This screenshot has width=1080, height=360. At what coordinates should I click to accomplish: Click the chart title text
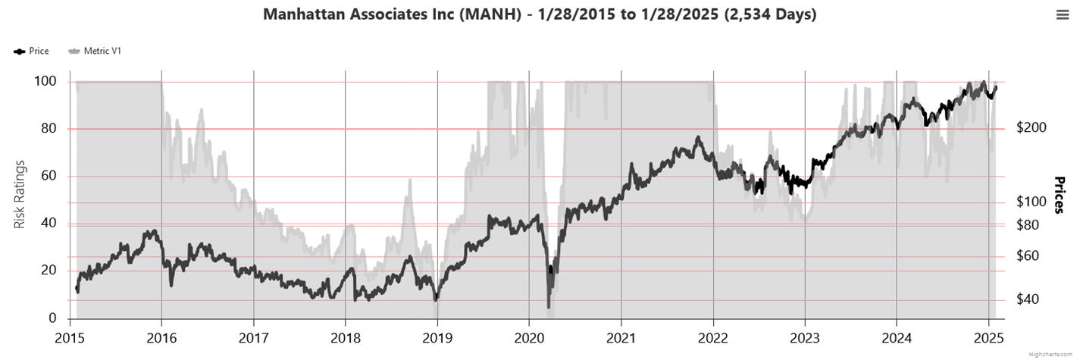point(540,14)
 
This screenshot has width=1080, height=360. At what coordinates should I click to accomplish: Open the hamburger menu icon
point(1063,14)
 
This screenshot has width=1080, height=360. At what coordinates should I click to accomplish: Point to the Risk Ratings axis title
point(20,195)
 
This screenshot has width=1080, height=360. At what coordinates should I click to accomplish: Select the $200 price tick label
point(1030,127)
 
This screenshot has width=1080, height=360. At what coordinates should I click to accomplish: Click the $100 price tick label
point(1030,202)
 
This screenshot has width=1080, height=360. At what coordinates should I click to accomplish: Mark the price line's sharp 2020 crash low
point(549,306)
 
